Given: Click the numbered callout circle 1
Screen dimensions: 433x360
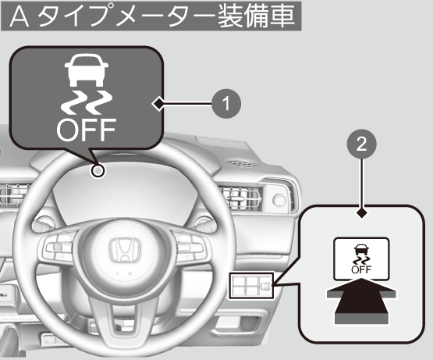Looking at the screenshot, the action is click(x=226, y=104).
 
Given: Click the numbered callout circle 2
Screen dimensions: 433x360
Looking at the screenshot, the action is click(x=362, y=144).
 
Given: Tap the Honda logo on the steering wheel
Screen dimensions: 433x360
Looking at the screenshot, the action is click(x=125, y=250).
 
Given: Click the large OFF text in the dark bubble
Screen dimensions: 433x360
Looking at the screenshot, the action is click(x=86, y=130).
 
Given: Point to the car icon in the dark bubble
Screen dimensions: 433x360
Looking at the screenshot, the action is click(x=87, y=70).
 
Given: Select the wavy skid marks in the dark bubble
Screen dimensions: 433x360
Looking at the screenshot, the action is click(x=87, y=102).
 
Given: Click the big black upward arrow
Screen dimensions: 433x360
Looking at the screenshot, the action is click(x=361, y=301).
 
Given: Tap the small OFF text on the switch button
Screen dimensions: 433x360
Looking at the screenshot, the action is click(x=361, y=269).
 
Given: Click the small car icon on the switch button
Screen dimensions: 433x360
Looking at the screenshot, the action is click(x=361, y=249).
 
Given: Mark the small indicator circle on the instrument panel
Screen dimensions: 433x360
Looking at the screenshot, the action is click(x=98, y=171).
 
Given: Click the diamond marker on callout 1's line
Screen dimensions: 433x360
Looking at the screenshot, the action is click(x=158, y=104).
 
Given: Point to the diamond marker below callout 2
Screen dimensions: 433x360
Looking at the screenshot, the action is click(x=362, y=213).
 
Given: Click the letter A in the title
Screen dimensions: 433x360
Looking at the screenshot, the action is click(x=20, y=16).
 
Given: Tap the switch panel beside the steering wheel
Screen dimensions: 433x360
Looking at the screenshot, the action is click(x=251, y=286).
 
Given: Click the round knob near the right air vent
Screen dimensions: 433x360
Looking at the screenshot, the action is click(x=279, y=200).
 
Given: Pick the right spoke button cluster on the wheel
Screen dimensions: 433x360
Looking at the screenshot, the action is click(x=190, y=246).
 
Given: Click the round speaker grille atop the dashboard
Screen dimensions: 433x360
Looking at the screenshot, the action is click(x=242, y=163).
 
